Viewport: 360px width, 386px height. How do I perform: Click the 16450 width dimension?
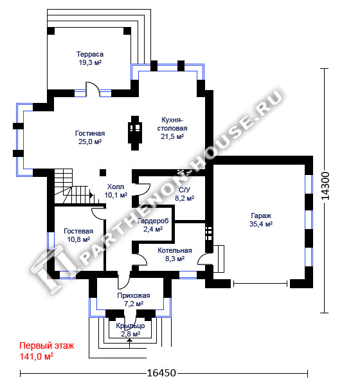161,373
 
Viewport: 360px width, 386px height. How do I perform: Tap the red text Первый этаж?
47,345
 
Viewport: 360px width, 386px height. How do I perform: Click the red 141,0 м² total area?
37,356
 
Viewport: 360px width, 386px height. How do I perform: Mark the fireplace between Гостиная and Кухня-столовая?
135,133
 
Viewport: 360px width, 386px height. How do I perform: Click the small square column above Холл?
103,172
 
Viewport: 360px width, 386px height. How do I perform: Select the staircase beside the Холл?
74,187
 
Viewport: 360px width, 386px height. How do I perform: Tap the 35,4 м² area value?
261,224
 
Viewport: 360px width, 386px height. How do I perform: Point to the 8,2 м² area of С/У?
184,198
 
